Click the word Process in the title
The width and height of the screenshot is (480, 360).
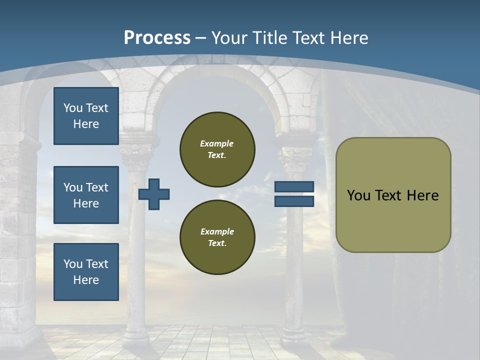point(157,37)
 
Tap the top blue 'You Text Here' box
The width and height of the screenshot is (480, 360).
point(86,116)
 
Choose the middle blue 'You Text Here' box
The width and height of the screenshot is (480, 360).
point(86,195)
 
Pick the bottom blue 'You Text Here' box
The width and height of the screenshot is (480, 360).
point(86,271)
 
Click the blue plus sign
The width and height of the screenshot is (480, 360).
point(154,194)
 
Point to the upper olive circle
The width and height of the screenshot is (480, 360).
point(217,149)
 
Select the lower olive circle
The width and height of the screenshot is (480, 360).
point(217,237)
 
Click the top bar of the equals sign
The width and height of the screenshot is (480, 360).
point(294,187)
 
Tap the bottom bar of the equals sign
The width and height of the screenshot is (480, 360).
point(294,201)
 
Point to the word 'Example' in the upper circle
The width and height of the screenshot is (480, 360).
point(217,143)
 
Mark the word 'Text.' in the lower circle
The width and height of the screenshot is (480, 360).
point(217,243)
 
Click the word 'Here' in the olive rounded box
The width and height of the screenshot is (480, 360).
point(422,195)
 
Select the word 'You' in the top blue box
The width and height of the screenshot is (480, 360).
point(72,108)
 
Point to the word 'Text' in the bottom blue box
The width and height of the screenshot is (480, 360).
point(97,264)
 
